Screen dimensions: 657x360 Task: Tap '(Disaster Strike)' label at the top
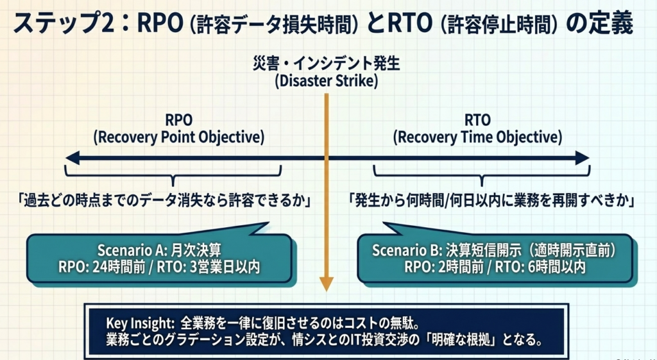click(327, 80)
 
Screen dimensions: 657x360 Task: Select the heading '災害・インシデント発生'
click(327, 64)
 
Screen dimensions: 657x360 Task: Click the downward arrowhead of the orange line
click(327, 284)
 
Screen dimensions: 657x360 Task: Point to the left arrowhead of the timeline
click(72, 159)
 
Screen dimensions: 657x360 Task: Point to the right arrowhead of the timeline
click(583, 159)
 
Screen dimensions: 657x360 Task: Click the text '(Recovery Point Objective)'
click(179, 137)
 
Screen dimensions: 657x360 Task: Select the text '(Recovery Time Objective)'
click(477, 137)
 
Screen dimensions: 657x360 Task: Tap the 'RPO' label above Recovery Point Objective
click(179, 120)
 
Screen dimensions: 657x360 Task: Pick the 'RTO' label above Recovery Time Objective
click(477, 120)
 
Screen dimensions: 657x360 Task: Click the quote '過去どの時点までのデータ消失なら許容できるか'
click(166, 201)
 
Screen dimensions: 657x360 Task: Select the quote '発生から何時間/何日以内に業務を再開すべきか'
click(491, 201)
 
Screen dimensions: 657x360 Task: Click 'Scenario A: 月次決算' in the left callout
click(159, 250)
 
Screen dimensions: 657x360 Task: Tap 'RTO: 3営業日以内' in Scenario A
click(209, 267)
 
